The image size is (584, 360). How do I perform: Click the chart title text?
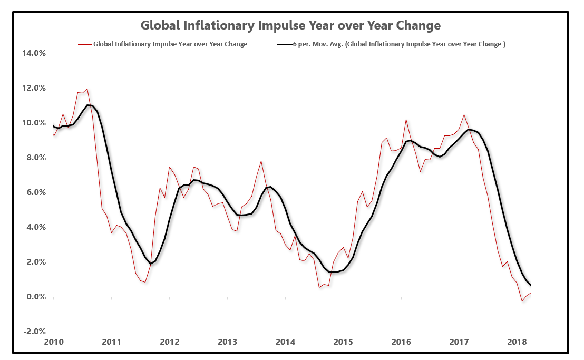[x=290, y=25]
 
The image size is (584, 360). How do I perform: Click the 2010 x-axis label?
[x=54, y=342]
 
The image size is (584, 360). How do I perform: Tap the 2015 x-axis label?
[x=343, y=342]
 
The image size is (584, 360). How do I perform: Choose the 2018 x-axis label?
[x=517, y=342]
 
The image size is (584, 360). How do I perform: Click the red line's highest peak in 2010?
[x=87, y=89]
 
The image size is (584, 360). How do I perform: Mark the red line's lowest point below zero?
[x=522, y=301]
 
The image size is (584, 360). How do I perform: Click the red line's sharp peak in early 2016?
[x=406, y=120]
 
